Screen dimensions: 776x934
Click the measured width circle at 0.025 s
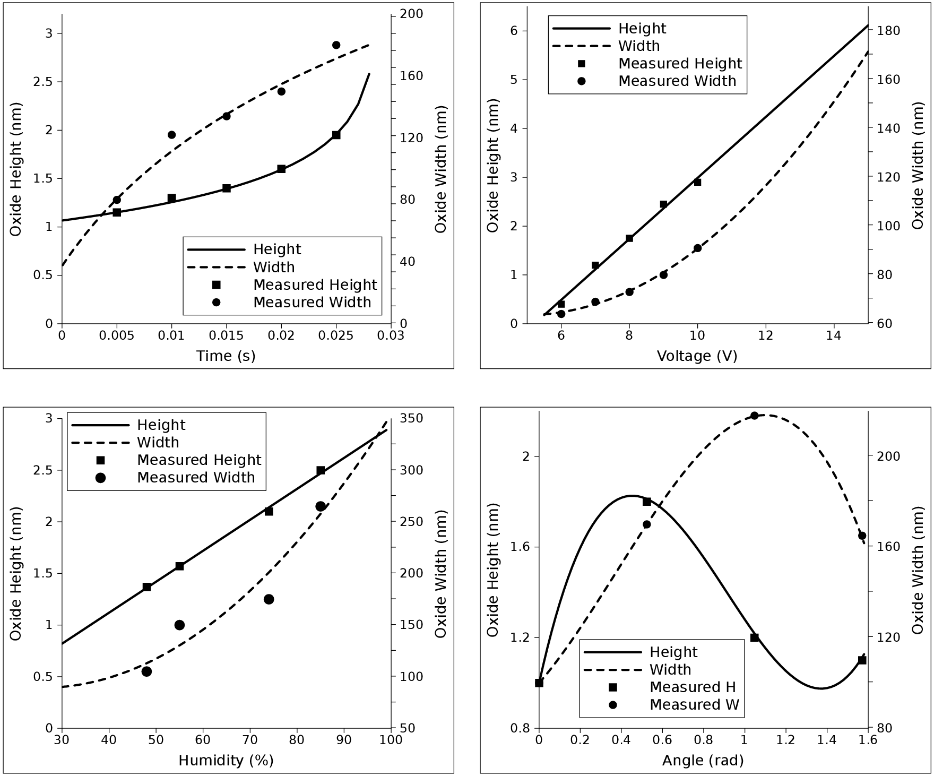click(x=336, y=45)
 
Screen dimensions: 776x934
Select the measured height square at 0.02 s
click(x=281, y=169)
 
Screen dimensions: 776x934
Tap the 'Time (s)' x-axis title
click(x=226, y=356)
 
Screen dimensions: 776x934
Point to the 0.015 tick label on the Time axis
click(x=226, y=336)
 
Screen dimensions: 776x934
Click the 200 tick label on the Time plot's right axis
click(x=412, y=14)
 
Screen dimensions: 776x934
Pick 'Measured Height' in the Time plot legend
click(x=315, y=285)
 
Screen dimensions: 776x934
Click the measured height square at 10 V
click(x=697, y=182)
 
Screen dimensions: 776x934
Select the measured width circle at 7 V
click(x=595, y=302)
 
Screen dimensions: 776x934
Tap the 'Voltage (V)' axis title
click(x=697, y=356)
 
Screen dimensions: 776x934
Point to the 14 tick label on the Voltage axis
click(x=834, y=336)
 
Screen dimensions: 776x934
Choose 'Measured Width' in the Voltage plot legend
click(x=677, y=81)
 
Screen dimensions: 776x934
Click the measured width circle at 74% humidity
click(x=269, y=599)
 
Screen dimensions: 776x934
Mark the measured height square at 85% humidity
click(x=321, y=471)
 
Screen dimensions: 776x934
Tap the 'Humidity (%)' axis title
click(x=226, y=761)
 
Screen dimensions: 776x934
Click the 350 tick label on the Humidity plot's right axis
click(x=412, y=419)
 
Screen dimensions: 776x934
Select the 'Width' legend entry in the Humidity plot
click(x=158, y=443)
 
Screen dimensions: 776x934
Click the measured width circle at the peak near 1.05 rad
click(x=754, y=416)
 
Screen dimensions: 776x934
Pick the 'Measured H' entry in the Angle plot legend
click(x=693, y=687)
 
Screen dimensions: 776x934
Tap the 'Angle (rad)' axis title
click(x=703, y=761)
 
